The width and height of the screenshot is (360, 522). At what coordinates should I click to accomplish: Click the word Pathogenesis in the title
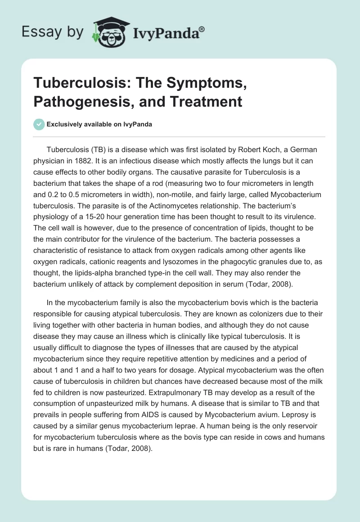click(x=72, y=101)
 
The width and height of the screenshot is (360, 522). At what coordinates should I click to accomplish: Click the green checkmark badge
click(x=39, y=124)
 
